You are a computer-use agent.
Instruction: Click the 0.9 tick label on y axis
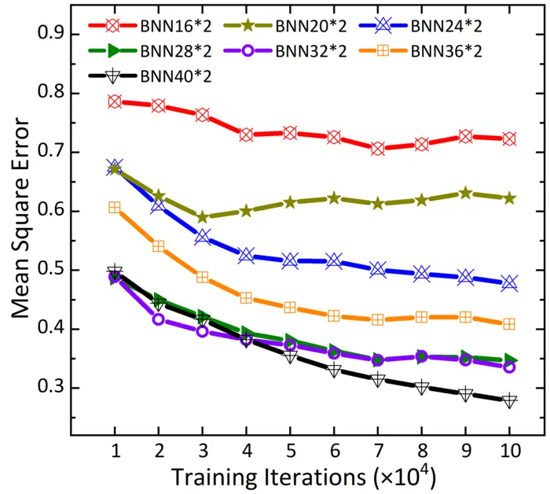53,35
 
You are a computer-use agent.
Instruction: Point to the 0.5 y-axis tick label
53,270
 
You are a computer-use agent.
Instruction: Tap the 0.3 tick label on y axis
53,388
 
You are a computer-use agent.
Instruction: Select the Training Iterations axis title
302,477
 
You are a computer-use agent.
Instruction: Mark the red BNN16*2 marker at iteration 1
115,101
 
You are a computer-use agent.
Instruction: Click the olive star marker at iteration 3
203,217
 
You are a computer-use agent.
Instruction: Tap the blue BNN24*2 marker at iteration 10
509,283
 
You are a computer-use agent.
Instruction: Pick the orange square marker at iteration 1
115,208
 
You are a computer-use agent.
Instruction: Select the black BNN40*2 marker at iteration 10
509,400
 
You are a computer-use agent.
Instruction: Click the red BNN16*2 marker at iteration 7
378,149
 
